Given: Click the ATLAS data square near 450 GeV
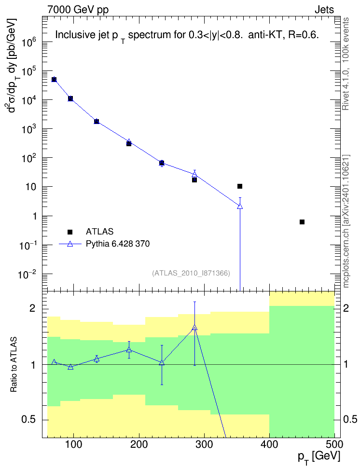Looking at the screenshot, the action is [x=302, y=222].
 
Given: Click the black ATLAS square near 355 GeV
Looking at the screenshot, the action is [x=240, y=186].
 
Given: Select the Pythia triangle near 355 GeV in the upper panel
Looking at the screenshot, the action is [x=240, y=206].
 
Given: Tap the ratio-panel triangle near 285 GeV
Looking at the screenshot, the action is [x=195, y=328].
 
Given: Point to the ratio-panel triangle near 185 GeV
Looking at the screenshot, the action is [x=129, y=349].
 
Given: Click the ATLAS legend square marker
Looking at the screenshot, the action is [x=70, y=232].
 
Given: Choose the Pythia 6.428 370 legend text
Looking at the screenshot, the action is [x=118, y=244].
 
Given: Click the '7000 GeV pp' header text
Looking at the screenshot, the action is [x=78, y=10].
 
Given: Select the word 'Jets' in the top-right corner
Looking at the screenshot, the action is [x=324, y=10].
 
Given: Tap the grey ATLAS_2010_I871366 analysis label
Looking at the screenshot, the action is [x=191, y=273].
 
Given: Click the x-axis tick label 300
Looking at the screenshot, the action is [x=205, y=444].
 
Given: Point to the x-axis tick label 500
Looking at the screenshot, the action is [x=334, y=444].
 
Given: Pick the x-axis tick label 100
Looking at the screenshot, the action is [x=73, y=444].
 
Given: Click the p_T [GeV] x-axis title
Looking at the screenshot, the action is [x=318, y=457].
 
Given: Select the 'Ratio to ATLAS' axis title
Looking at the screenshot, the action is [x=14, y=365].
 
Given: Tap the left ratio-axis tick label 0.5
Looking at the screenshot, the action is [x=29, y=420].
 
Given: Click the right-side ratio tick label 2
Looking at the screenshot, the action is [x=346, y=308].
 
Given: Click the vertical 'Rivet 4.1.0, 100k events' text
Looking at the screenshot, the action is [x=346, y=64].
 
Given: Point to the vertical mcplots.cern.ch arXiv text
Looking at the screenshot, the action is [x=346, y=221].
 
